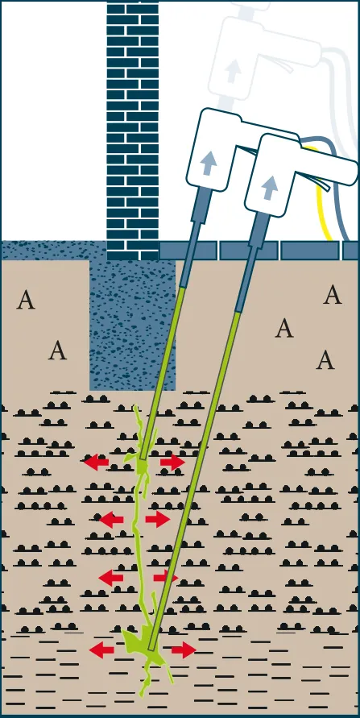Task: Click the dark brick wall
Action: pyautogui.click(x=133, y=131)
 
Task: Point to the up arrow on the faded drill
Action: pyautogui.click(x=233, y=71)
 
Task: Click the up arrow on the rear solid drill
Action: pyautogui.click(x=207, y=164)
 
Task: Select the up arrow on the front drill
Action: pyautogui.click(x=270, y=187)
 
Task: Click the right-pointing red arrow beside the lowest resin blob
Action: pyautogui.click(x=184, y=650)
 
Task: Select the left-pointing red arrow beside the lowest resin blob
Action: pyautogui.click(x=101, y=650)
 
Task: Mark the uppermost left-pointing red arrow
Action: pyautogui.click(x=96, y=462)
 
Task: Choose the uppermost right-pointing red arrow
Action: pyautogui.click(x=172, y=462)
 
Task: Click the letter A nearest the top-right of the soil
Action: pyautogui.click(x=333, y=294)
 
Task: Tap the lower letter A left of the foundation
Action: pyautogui.click(x=58, y=351)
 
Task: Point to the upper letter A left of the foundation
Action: pyautogui.click(x=26, y=300)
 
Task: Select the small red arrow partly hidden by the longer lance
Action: pyautogui.click(x=164, y=577)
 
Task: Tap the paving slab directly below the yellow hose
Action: pyautogui.click(x=310, y=251)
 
